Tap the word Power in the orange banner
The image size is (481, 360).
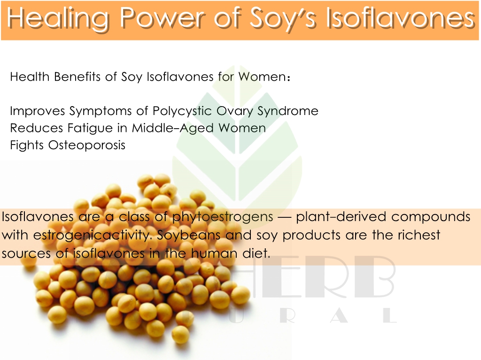point(163,18)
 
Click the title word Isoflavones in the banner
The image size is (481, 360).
point(400,18)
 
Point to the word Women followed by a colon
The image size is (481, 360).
point(264,77)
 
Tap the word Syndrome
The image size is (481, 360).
point(288,112)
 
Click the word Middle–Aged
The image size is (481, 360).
point(173,129)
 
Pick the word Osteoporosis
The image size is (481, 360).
point(87,146)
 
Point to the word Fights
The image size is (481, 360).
point(27,146)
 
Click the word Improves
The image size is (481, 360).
point(38,112)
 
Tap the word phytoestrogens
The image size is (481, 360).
point(222,217)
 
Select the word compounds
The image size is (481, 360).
point(431,217)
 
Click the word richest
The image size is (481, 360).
point(419,235)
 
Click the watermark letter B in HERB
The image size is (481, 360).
point(375,277)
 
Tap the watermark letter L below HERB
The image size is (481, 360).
point(390,315)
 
